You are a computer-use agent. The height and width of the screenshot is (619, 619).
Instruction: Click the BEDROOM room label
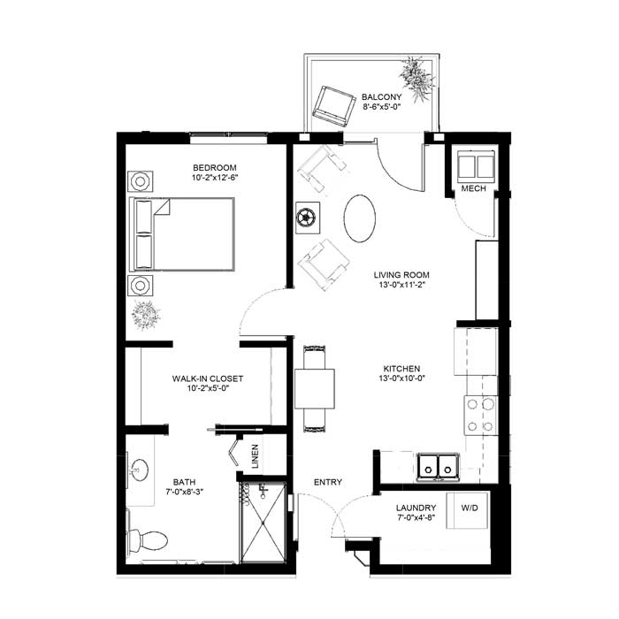coord(215,168)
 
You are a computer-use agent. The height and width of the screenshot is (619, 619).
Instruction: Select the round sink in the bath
coord(140,470)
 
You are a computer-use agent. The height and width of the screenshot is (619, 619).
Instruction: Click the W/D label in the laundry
coord(470,508)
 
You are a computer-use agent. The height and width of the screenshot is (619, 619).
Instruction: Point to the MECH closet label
coord(474,188)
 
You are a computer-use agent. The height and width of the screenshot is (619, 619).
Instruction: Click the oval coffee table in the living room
coord(360,218)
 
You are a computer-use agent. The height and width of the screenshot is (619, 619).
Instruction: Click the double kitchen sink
coord(439,468)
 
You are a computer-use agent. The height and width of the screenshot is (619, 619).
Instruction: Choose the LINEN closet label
coord(255,456)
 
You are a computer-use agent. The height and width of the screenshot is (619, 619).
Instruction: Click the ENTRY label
coord(328,482)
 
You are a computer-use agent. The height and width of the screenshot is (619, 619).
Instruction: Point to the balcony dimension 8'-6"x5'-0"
coord(382,106)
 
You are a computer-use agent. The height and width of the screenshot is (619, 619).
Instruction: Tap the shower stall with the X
coord(263,522)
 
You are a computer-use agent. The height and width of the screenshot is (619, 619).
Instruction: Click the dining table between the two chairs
coord(315,389)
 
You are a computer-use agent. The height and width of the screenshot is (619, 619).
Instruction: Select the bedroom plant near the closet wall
coord(146,315)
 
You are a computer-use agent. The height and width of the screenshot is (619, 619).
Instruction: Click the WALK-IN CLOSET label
coord(208,378)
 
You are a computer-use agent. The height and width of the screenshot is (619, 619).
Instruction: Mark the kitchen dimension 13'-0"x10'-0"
coord(401,378)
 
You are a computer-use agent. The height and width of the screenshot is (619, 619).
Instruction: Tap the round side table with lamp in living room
coord(308,218)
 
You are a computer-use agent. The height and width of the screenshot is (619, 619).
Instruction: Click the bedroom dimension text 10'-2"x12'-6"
coord(215,178)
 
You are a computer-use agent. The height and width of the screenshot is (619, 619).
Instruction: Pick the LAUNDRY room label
coord(416,508)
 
